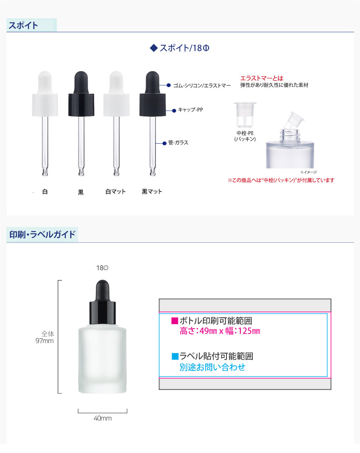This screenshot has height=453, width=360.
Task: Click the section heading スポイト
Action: [23, 26]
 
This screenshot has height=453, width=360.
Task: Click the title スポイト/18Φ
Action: [184, 48]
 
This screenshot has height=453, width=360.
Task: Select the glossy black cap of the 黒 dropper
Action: [81, 105]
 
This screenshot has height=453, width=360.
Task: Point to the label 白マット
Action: [116, 192]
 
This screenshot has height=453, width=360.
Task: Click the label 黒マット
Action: [152, 192]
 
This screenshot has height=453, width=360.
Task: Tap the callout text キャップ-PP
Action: [190, 110]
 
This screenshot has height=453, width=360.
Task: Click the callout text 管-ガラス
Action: [178, 143]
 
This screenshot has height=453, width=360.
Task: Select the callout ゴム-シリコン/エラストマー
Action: [202, 85]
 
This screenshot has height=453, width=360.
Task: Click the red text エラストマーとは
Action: [262, 78]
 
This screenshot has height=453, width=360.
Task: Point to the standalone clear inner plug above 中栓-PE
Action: [245, 115]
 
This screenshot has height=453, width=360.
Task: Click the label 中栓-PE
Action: [245, 133]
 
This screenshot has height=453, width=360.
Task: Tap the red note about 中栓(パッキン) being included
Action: [281, 180]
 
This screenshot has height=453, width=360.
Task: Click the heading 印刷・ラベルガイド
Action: [42, 234]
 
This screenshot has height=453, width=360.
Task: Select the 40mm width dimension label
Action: [103, 418]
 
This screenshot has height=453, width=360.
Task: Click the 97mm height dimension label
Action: [44, 341]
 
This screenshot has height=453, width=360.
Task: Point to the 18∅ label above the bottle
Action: [102, 268]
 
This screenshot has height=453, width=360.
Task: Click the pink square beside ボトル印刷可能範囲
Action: [175, 321]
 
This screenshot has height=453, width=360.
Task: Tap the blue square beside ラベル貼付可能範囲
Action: [175, 356]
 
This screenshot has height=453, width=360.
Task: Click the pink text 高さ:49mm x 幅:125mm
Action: [220, 331]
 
